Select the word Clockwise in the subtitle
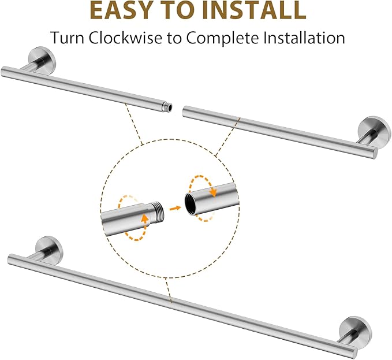[x=125, y=38]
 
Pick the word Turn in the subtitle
[x=66, y=38]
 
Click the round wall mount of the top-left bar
[x=42, y=60]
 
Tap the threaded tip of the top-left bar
[x=167, y=107]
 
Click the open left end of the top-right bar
[x=184, y=111]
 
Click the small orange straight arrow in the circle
[x=176, y=208]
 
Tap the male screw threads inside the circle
[x=157, y=210]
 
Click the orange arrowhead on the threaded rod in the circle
[x=144, y=218]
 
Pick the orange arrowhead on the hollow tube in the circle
[x=213, y=192]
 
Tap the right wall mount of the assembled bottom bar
[x=355, y=331]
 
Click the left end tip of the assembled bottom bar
[x=9, y=258]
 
